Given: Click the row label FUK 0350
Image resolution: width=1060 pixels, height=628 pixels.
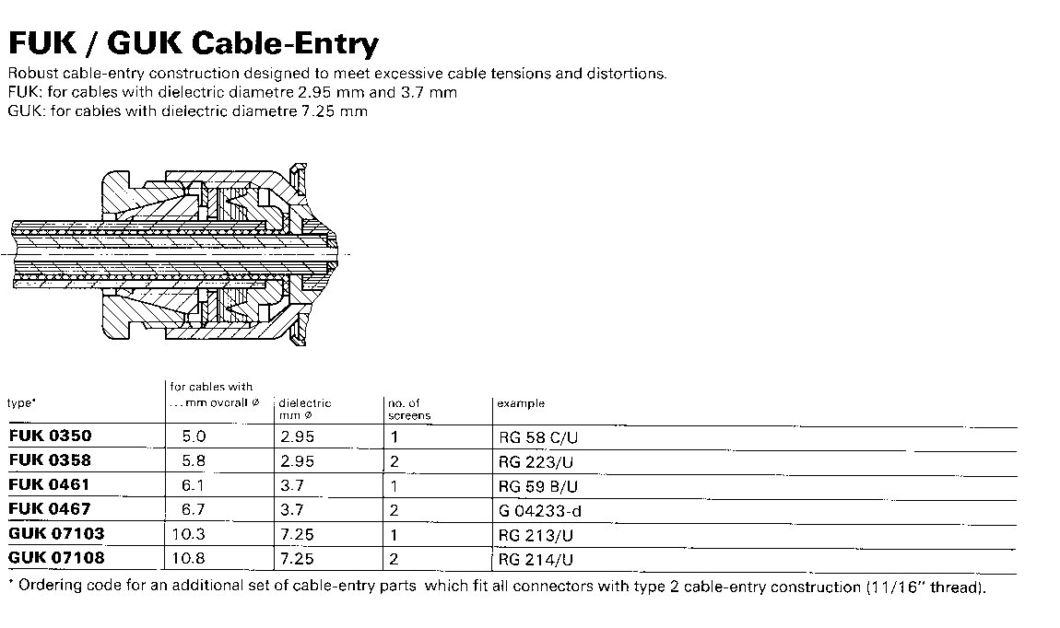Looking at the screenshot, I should tap(50, 436).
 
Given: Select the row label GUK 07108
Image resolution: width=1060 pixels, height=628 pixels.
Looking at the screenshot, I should tap(56, 557).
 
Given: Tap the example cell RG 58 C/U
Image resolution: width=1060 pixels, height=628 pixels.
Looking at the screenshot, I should tap(534, 437).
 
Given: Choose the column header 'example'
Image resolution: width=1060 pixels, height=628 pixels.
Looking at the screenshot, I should tap(520, 403).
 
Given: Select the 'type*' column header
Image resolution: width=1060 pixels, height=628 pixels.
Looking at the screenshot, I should tap(21, 403).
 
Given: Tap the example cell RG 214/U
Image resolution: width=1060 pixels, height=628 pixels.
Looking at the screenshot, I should tap(529, 559).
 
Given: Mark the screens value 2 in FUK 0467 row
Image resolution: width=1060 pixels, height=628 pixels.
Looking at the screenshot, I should tap(395, 510).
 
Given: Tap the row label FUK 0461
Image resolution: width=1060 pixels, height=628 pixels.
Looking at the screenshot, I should tap(50, 483).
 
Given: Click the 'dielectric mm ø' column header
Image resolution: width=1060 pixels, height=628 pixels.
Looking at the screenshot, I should tap(304, 409).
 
